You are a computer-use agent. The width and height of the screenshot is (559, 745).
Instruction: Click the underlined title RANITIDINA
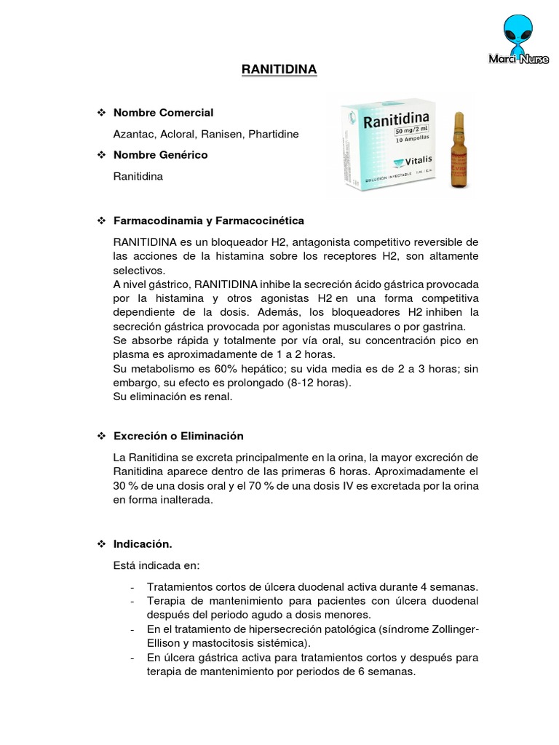pyautogui.click(x=279, y=70)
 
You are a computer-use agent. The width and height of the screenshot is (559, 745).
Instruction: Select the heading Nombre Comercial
pyautogui.click(x=164, y=113)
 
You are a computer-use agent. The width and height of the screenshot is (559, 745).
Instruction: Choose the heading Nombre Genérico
pyautogui.click(x=161, y=155)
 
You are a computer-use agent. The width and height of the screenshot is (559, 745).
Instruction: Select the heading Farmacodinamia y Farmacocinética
pyautogui.click(x=209, y=220)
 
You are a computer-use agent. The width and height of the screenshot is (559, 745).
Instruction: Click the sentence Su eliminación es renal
pyautogui.click(x=173, y=397)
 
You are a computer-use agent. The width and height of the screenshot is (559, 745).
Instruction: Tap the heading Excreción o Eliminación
pyautogui.click(x=178, y=436)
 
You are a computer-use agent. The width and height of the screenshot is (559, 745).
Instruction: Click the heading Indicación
pyautogui.click(x=143, y=544)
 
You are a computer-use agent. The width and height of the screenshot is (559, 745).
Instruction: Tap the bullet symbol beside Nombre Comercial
pyautogui.click(x=102, y=113)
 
